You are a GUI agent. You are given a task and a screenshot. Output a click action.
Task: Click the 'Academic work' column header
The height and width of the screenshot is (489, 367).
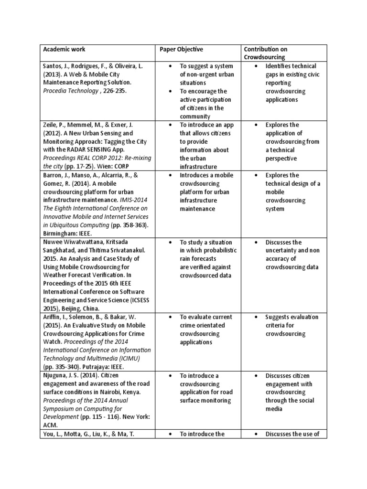point(65,49)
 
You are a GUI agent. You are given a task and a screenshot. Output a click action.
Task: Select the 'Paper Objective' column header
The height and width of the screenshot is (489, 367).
point(181,49)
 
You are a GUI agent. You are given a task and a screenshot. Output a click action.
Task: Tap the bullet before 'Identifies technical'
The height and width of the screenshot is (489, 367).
point(257,66)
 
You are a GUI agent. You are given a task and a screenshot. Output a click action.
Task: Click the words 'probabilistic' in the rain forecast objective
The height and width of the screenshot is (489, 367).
point(216,251)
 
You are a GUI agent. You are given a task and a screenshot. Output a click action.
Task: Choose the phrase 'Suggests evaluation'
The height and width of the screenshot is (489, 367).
point(291,318)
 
